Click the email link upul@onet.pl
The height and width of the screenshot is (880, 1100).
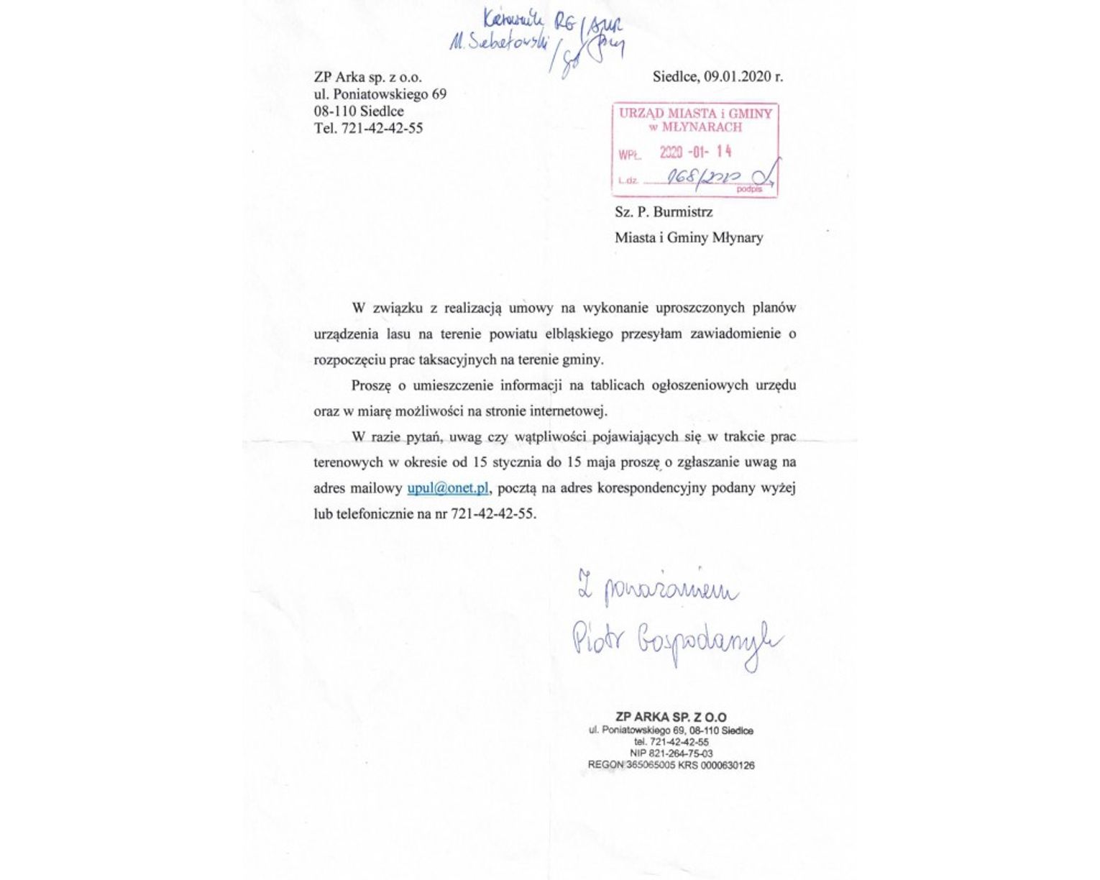point(447,488)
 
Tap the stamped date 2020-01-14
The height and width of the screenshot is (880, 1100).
point(695,152)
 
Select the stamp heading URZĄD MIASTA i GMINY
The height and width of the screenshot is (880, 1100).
point(695,114)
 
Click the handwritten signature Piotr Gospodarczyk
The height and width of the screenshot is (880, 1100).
point(676,642)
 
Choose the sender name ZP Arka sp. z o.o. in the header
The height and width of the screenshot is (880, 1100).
point(367,77)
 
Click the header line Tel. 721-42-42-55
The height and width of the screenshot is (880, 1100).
point(368,129)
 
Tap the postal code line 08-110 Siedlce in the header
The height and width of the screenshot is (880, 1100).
point(359,111)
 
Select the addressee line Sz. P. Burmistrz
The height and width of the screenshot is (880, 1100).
point(664,212)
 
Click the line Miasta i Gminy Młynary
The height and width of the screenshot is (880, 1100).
point(688,237)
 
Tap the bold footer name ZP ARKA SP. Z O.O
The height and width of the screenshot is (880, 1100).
point(671,717)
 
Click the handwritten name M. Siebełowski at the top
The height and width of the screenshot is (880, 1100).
point(497,42)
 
